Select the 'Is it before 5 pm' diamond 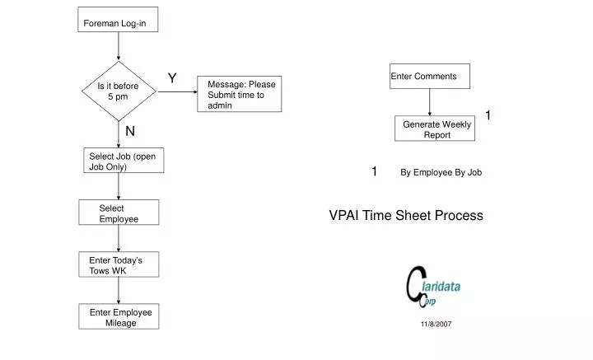point(119,91)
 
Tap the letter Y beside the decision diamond point(172,78)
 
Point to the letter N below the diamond point(130,131)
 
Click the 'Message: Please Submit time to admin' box point(240,95)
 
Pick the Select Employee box point(119,213)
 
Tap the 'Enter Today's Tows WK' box point(119,264)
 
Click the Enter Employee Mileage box point(119,317)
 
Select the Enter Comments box point(429,77)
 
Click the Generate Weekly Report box point(434,129)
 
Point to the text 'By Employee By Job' point(441,173)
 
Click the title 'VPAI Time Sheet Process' point(406,216)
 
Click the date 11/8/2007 point(436,325)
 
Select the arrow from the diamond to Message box point(176,91)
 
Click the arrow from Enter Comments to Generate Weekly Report point(429,102)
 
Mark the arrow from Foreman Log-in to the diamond point(119,46)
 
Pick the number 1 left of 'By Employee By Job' point(374,171)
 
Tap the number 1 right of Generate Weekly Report point(488,115)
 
